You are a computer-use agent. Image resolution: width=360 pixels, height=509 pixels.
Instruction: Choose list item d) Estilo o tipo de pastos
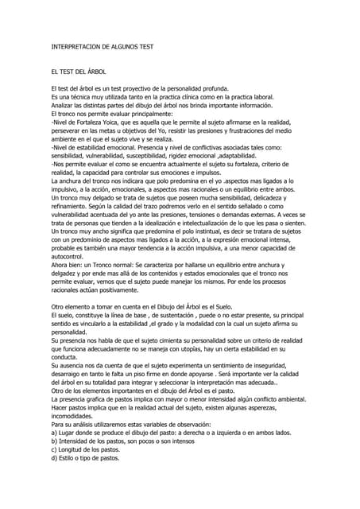(x=85, y=458)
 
